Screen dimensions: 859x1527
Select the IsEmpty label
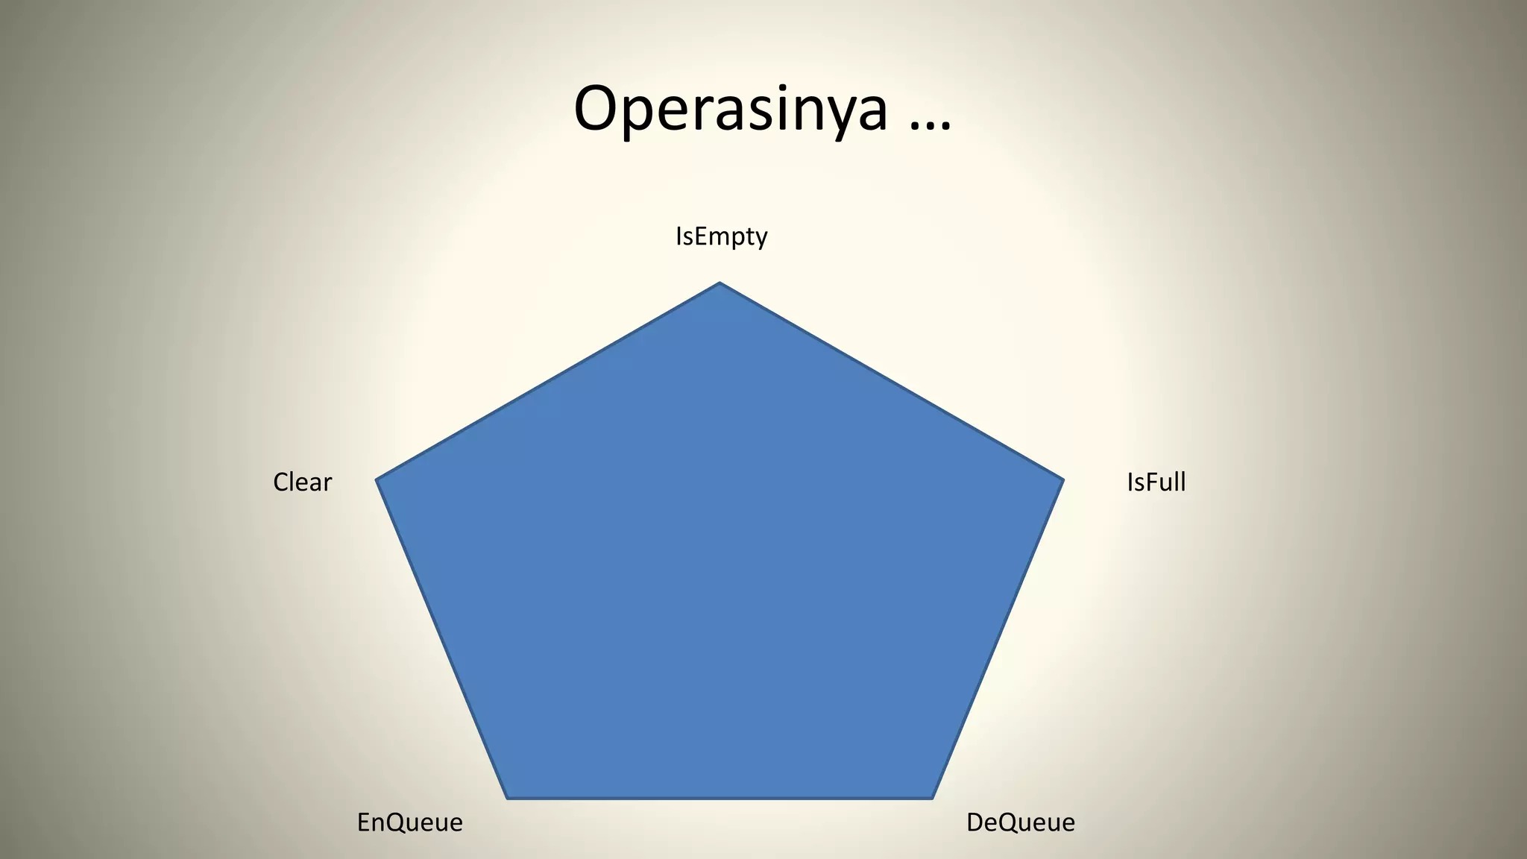[x=721, y=236]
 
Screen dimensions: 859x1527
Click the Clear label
[x=302, y=482]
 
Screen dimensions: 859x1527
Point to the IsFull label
[x=1156, y=482]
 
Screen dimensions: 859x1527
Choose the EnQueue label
[x=409, y=822]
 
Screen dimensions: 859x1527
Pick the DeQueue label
[x=1020, y=822]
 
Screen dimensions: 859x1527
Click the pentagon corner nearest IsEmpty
[x=720, y=284]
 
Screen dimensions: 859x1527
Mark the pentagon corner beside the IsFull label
[x=1062, y=480]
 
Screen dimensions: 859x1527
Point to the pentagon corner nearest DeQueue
[x=931, y=797]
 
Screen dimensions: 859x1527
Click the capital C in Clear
[x=281, y=482]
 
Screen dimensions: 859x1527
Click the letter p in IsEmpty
[x=733, y=239]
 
